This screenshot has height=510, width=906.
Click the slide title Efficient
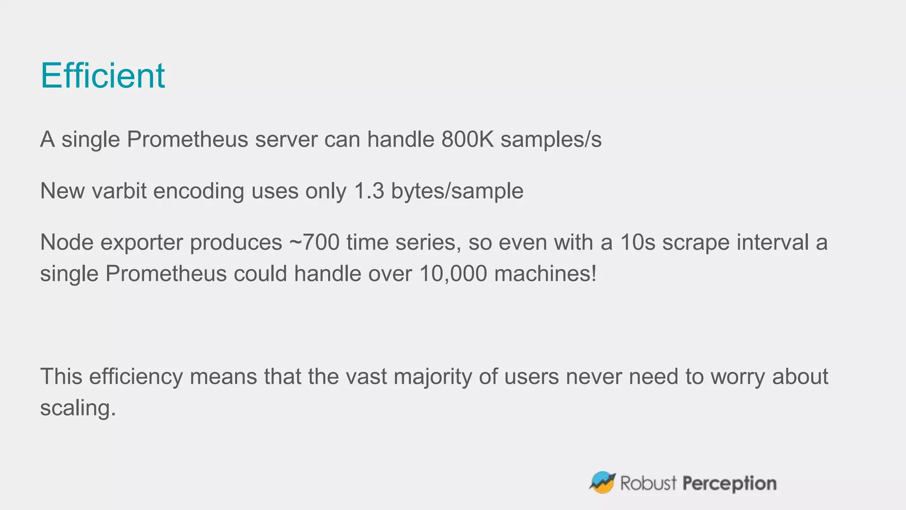pos(103,76)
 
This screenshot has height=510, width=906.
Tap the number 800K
pos(468,139)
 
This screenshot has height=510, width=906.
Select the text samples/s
pos(551,139)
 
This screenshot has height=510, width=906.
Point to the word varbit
pos(119,191)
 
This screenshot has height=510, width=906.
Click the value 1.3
pos(369,191)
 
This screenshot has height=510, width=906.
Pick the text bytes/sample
pos(457,192)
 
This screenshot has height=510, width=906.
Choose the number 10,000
pos(453,274)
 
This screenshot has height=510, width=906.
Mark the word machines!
pos(545,274)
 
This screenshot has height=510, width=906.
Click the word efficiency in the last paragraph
pos(136,377)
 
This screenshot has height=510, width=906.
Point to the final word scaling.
pos(78,408)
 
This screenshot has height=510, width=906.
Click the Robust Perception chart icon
pos(602,483)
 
